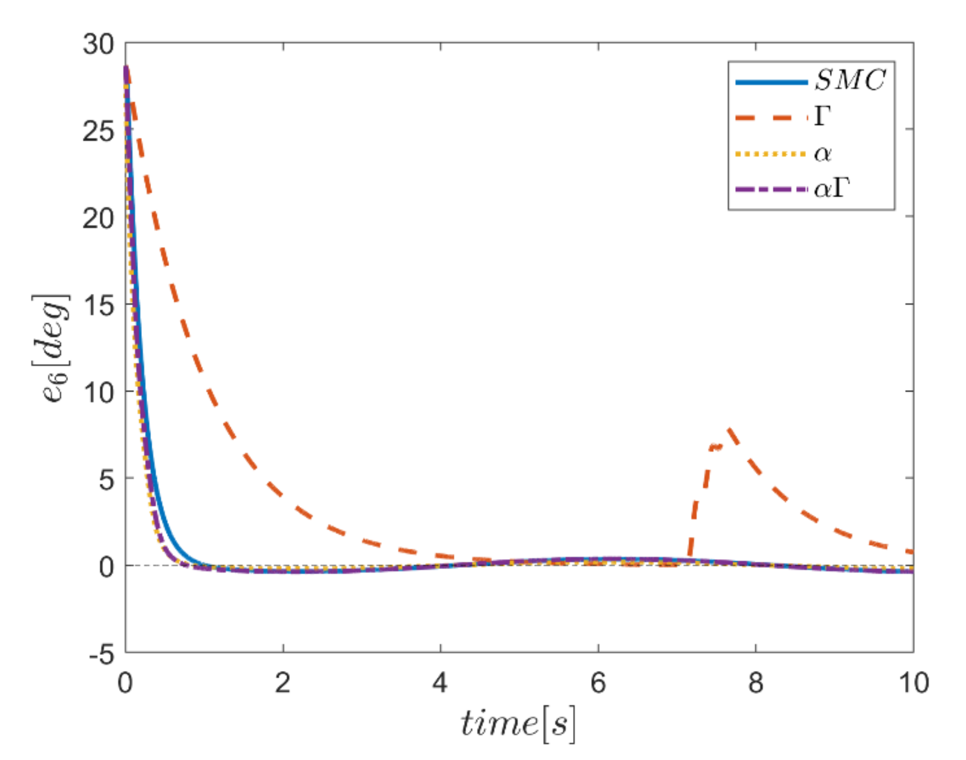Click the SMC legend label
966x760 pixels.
(x=850, y=80)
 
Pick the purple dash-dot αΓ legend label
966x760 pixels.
(x=832, y=189)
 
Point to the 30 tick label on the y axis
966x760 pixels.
(x=99, y=45)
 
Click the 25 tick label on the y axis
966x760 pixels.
(x=99, y=131)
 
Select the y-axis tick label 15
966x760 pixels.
(x=99, y=305)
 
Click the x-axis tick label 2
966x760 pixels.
(x=283, y=683)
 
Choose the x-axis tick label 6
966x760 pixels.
(x=598, y=683)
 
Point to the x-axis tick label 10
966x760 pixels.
(x=913, y=683)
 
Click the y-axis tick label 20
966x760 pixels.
(x=99, y=219)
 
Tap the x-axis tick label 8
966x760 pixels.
(x=755, y=683)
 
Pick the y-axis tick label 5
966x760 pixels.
(x=107, y=480)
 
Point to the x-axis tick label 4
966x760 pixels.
(x=440, y=683)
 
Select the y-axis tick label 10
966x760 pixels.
(x=99, y=392)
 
